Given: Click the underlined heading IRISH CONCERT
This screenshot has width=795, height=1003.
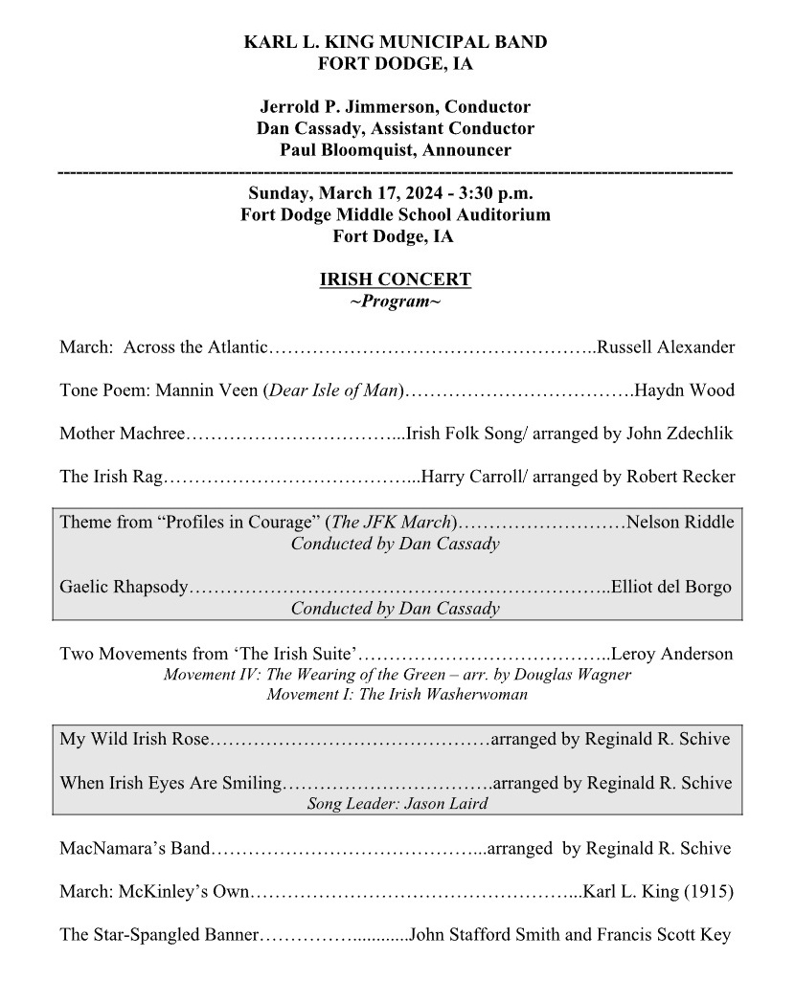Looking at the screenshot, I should pos(395,280).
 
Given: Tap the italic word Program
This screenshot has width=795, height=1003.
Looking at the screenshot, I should pos(395,301).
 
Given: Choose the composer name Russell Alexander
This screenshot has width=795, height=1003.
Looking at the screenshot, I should pos(666,346).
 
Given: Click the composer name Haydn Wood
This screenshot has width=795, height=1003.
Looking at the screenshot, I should pos(685,390).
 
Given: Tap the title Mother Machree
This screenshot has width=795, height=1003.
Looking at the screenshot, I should pos(121,434).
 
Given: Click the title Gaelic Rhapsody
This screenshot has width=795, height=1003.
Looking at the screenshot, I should pos(124,587).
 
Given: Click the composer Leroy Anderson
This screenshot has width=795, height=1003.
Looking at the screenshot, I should pos(671,655).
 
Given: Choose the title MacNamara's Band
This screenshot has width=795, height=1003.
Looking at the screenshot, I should pos(133,848).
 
